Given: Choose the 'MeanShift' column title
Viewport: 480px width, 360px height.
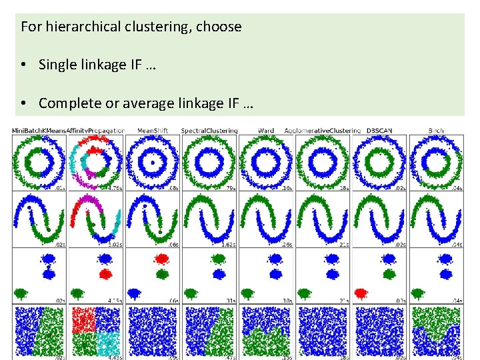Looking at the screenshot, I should [x=152, y=130].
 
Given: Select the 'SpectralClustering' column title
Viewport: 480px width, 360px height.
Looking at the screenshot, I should [x=209, y=130].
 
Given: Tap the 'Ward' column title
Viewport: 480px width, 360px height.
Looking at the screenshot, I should [x=265, y=130].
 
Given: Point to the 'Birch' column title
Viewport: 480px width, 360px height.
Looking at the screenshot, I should [x=436, y=130].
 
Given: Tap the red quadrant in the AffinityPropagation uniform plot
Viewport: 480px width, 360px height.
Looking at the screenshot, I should [x=83, y=319].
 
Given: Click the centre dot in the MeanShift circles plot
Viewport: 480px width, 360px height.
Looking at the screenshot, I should [x=153, y=162].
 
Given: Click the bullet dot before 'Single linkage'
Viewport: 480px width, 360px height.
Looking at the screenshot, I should [x=23, y=65].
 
